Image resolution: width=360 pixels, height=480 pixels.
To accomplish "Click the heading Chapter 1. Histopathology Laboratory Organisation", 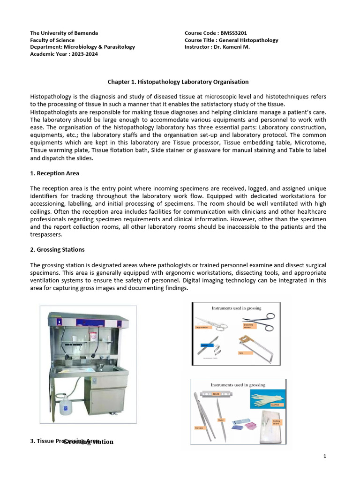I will tap(178, 82).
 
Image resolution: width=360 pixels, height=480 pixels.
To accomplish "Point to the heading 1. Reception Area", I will tap(54, 173).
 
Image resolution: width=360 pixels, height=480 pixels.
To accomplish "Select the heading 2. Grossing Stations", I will tap(57, 249).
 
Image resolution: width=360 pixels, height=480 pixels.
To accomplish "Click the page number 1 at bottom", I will tap(324, 457).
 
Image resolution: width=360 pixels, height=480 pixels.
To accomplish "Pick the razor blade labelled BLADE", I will tap(216, 394).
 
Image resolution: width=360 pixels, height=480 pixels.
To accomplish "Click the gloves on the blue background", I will tap(268, 399).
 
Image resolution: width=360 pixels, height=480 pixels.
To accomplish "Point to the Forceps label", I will tap(199, 427).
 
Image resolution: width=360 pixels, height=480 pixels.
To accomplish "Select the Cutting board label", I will tap(276, 422).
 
